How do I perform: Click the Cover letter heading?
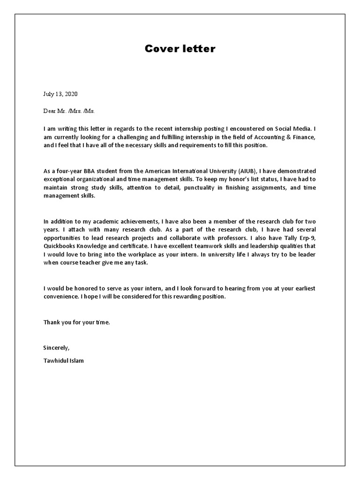180,49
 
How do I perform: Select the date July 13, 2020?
60,94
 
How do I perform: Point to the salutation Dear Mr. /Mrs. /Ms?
69,111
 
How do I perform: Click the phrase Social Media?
292,128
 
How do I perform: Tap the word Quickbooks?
60,246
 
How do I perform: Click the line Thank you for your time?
76,322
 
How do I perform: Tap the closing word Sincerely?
56,348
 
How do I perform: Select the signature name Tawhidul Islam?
64,361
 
